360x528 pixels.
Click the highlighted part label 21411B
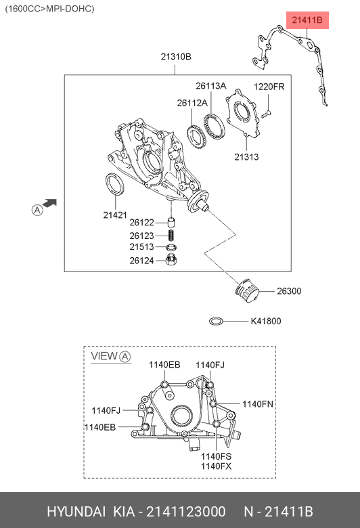pos(307,20)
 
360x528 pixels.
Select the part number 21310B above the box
pos(176,57)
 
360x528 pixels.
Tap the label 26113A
pos(211,86)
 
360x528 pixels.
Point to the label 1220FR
pos(269,87)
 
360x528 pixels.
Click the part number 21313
pos(246,156)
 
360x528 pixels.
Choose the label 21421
pos(115,215)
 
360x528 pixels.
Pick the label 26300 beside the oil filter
pos(289,291)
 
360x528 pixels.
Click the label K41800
pos(266,321)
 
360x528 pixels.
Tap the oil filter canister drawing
pos(247,291)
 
